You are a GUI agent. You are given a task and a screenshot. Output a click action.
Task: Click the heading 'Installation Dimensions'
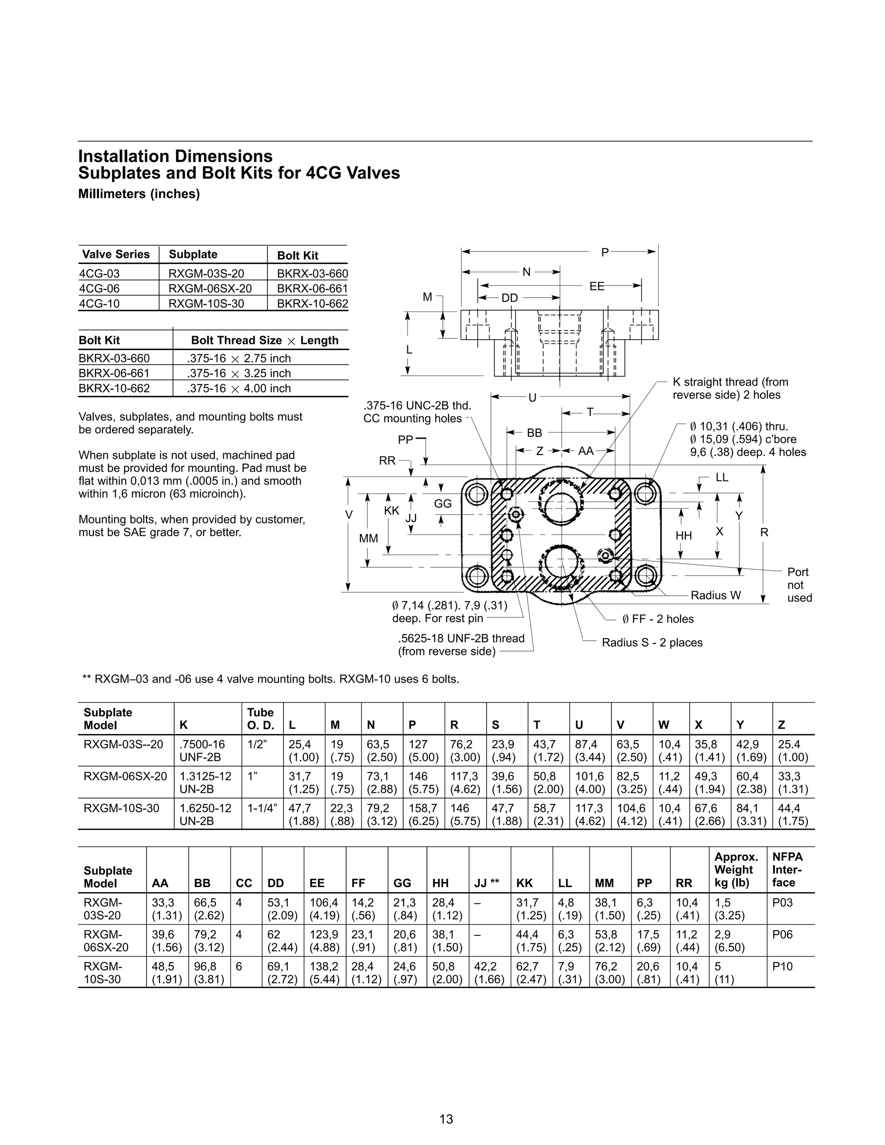[x=175, y=156]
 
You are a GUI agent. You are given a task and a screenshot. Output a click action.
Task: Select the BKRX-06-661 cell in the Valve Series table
[x=312, y=288]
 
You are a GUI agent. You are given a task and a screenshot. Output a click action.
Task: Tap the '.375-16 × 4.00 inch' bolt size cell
[x=239, y=388]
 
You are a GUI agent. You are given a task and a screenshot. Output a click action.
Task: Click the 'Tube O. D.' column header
[x=261, y=719]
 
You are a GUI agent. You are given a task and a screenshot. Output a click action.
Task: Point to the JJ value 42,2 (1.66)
[x=489, y=973]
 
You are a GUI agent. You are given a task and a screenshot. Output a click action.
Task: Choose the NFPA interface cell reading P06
[x=782, y=934]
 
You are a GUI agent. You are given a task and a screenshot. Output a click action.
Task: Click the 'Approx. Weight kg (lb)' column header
[x=736, y=870]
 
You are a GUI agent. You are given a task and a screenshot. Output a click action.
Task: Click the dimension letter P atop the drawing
[x=605, y=252]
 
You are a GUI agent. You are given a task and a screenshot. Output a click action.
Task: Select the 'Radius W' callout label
[x=716, y=595]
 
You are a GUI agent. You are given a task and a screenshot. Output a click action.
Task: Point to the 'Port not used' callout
[x=799, y=585]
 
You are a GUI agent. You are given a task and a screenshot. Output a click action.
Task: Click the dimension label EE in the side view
[x=597, y=286]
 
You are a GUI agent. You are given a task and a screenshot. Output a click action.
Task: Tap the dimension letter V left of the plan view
[x=349, y=515]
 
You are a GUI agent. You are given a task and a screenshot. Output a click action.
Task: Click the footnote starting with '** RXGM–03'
[x=271, y=680]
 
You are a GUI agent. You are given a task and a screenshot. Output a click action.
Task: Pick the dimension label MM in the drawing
[x=368, y=538]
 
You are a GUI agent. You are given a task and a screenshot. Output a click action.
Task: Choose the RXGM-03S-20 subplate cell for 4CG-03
[x=206, y=273]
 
